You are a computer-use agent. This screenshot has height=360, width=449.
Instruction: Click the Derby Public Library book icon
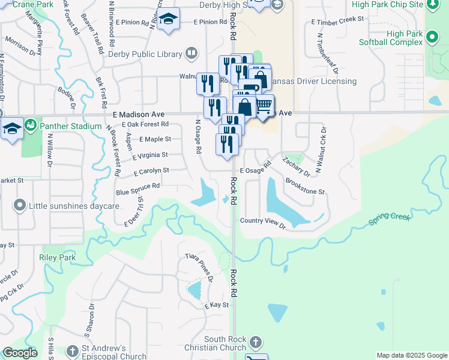pyautogui.click(x=191, y=54)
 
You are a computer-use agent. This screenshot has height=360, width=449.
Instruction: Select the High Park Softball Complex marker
pyautogui.click(x=432, y=38)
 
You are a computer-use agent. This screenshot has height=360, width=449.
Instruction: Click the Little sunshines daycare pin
pyautogui.click(x=20, y=206)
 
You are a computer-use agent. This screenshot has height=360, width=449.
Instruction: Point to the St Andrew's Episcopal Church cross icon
pyautogui.click(x=73, y=350)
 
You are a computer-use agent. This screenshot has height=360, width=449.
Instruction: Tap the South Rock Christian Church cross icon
pyautogui.click(x=256, y=343)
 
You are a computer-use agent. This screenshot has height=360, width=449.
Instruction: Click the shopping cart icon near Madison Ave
pyautogui.click(x=264, y=106)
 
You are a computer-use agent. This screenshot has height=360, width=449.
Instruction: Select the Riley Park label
pyautogui.click(x=57, y=257)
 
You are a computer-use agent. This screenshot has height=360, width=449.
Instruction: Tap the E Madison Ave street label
pyautogui.click(x=138, y=114)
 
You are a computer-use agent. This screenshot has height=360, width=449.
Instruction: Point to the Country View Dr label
pyautogui.click(x=262, y=221)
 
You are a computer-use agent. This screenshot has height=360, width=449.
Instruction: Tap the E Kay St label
pyautogui.click(x=217, y=305)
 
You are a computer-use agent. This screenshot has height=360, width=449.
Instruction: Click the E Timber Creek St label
pyautogui.click(x=337, y=19)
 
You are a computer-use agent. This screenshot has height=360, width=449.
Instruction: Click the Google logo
pyautogui.click(x=20, y=353)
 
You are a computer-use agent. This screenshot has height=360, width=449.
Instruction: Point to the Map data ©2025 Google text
pyautogui.click(x=411, y=355)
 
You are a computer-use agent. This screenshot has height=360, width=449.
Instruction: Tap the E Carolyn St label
pyautogui.click(x=151, y=171)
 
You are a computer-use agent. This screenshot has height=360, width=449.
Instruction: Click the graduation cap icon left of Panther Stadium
pyautogui.click(x=12, y=129)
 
